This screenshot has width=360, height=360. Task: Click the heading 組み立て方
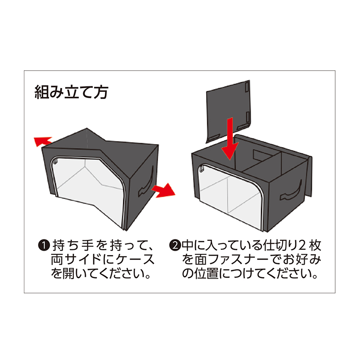coord(71,92)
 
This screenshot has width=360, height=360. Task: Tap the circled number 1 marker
coord(44,246)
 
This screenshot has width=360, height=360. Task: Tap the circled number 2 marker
coord(175,245)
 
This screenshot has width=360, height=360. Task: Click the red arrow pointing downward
coord(229,139)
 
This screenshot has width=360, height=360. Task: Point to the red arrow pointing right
coord(163,190)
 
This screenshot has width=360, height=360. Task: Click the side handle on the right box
coord(290,190)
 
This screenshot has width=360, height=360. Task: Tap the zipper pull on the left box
coord(55,162)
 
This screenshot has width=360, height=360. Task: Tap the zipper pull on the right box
coord(202,169)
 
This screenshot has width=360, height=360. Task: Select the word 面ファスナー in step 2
coord(232,260)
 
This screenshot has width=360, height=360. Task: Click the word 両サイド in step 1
coord(76,260)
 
